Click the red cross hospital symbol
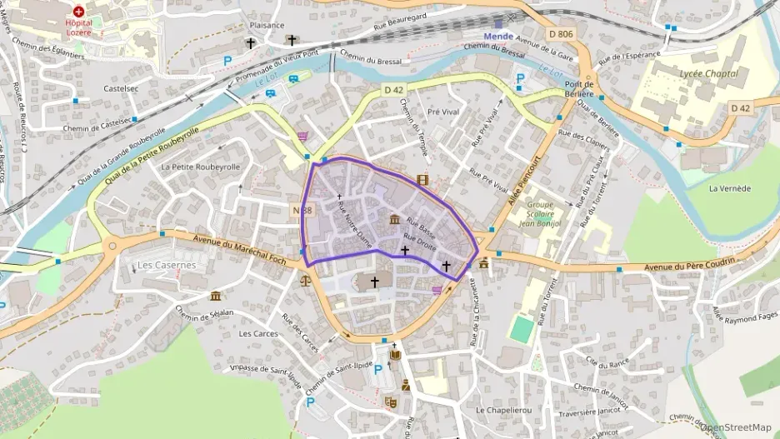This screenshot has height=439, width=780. [78, 12]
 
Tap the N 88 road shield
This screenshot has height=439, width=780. [302, 212]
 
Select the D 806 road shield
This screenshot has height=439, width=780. [561, 33]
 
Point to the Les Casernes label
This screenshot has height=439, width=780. [165, 265]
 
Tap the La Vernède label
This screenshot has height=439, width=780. [730, 188]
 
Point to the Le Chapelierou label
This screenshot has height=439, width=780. [503, 411]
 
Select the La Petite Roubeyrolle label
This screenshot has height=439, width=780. [201, 167]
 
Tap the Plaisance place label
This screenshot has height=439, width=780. [267, 25]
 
